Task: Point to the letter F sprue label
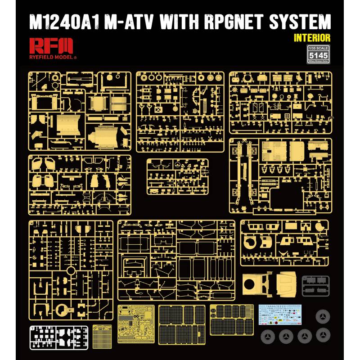pyautogui.click(x=232, y=141)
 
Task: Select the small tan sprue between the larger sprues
pyautogui.click(x=178, y=176)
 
